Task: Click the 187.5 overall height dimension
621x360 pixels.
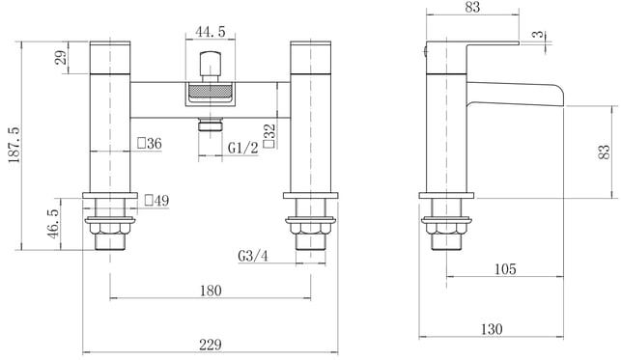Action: pyautogui.click(x=14, y=145)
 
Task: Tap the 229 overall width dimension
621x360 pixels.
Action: pyautogui.click(x=211, y=345)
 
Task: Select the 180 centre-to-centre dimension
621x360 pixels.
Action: pyautogui.click(x=211, y=291)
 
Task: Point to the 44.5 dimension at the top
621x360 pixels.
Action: pyautogui.click(x=211, y=31)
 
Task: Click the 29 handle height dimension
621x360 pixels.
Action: pyautogui.click(x=62, y=58)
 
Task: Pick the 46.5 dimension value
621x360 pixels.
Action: pyautogui.click(x=53, y=224)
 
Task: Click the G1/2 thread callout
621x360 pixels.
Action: pyautogui.click(x=242, y=148)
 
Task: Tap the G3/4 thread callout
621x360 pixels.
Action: pyautogui.click(x=253, y=256)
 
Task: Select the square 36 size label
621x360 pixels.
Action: pyautogui.click(x=150, y=143)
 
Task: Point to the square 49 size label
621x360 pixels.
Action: pyautogui.click(x=156, y=200)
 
